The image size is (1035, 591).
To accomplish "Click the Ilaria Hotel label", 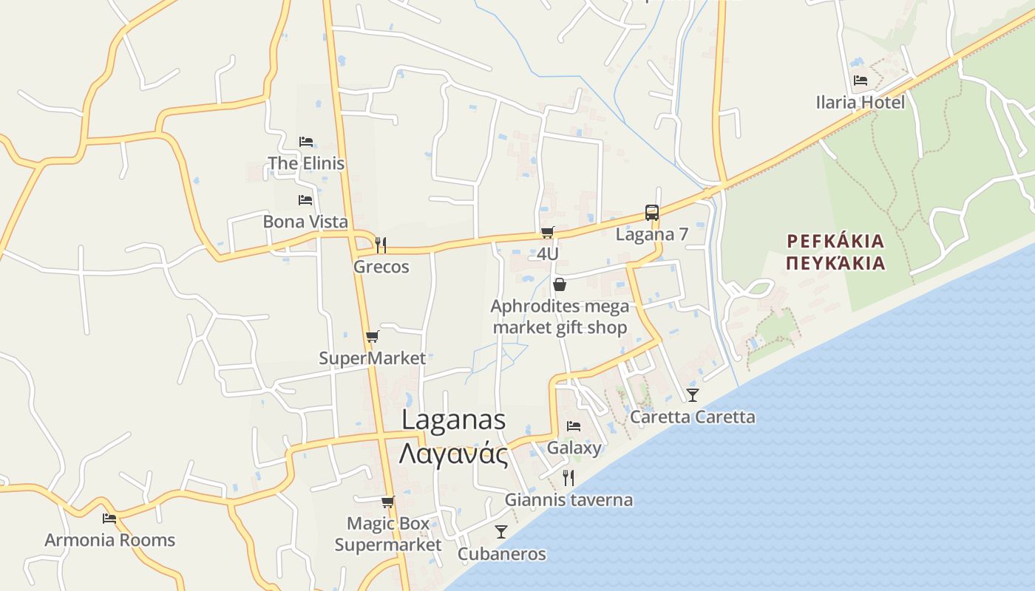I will pyautogui.click(x=860, y=102).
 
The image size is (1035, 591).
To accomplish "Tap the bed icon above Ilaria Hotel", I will pyautogui.click(x=860, y=80).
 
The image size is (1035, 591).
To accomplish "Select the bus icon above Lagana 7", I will pyautogui.click(x=651, y=213).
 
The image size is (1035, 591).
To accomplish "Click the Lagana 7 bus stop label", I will pyautogui.click(x=651, y=234).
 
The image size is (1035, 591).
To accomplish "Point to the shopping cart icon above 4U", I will pyautogui.click(x=547, y=232).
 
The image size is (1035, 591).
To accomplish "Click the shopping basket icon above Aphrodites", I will pyautogui.click(x=560, y=284).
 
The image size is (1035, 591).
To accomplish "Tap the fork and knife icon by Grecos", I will pyautogui.click(x=381, y=245).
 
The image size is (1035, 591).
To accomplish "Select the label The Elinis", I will pyautogui.click(x=306, y=163).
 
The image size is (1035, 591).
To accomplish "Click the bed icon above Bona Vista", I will pyautogui.click(x=305, y=199).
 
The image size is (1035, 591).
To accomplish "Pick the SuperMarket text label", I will pyautogui.click(x=372, y=358).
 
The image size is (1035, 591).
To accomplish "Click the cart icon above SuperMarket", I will pyautogui.click(x=372, y=337).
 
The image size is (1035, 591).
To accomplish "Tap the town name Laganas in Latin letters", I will pyautogui.click(x=453, y=420).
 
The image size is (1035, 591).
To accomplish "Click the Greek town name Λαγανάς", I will pyautogui.click(x=453, y=453).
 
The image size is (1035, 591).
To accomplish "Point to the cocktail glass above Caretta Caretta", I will pyautogui.click(x=692, y=395).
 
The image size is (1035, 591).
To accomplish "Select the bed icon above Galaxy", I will pyautogui.click(x=573, y=426).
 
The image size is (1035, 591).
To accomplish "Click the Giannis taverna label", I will pyautogui.click(x=569, y=500).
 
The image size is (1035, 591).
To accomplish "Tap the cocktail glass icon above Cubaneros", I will pyautogui.click(x=501, y=532).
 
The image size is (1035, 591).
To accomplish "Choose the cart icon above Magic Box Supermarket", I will pyautogui.click(x=387, y=502).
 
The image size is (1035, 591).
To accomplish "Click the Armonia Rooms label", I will pyautogui.click(x=109, y=540).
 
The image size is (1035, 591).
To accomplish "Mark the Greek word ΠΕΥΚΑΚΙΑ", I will pyautogui.click(x=835, y=263).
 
